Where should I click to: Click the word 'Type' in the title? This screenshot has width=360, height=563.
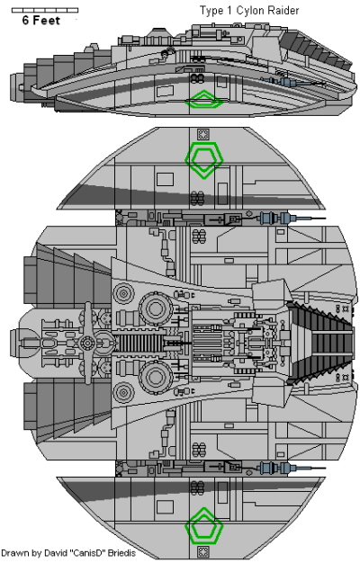tap(217, 9)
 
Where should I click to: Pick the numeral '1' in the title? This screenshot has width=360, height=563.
tap(237, 9)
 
